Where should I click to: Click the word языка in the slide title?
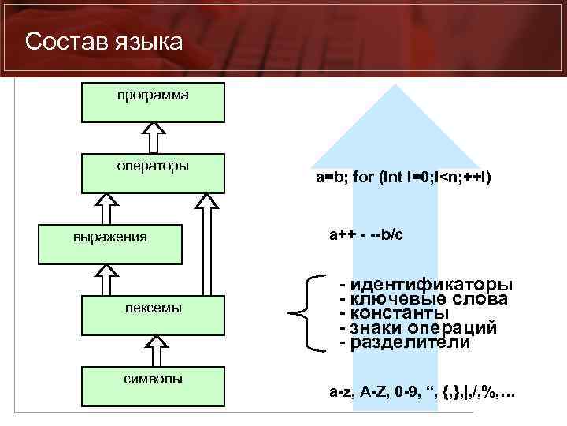[147, 41]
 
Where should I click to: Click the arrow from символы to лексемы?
[157, 349]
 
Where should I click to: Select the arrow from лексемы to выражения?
[104, 280]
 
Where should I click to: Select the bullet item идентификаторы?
[425, 284]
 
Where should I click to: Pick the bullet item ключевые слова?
[423, 299]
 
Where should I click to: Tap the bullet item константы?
[394, 314]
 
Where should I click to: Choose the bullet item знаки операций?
[417, 328]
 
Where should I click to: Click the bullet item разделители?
[404, 343]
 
